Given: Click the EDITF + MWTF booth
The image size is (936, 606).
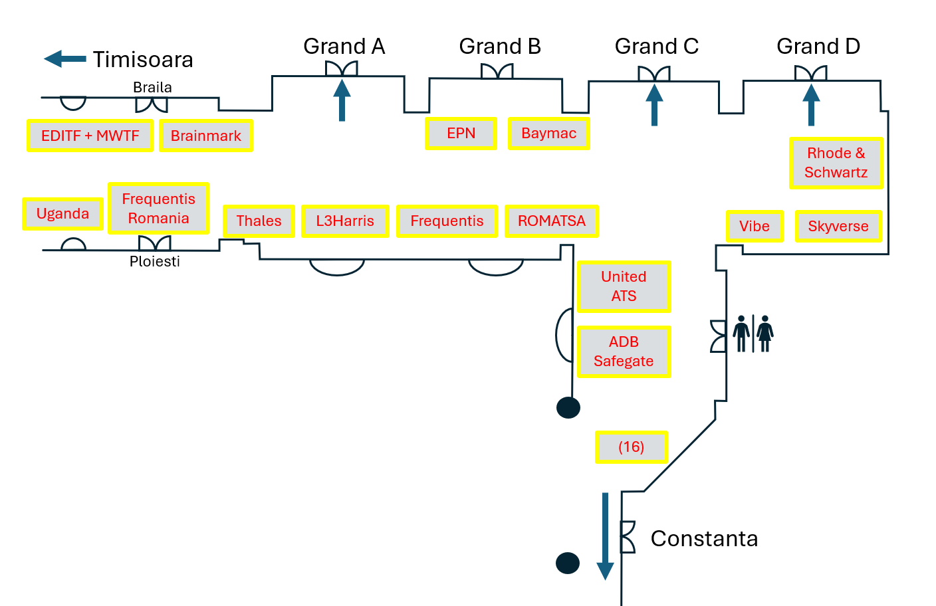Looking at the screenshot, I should [x=90, y=136].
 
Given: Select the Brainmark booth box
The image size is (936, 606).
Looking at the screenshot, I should [x=206, y=136].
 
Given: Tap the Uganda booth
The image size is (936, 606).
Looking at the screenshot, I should [x=62, y=214].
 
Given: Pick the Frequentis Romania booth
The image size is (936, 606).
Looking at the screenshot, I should [x=158, y=209].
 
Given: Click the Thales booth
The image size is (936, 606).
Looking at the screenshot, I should [x=259, y=221].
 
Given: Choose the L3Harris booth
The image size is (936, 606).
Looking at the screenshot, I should [x=345, y=221].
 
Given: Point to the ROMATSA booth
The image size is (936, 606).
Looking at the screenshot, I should [x=552, y=221].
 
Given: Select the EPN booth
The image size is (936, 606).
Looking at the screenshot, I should [x=461, y=134].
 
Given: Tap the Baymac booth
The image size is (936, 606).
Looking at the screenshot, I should [x=548, y=134].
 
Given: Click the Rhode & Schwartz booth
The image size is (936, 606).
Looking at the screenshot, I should [x=836, y=163].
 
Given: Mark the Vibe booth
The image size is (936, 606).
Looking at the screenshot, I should [x=755, y=227].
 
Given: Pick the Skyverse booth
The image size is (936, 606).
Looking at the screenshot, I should [x=838, y=227].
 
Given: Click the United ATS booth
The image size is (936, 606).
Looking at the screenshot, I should [x=624, y=286].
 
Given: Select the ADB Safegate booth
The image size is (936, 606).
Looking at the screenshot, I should [x=624, y=352].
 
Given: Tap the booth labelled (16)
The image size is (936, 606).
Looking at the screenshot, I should [x=631, y=447].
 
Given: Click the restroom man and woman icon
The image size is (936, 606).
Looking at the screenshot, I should [x=753, y=334].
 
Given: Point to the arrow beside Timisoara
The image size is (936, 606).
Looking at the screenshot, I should [x=64, y=59].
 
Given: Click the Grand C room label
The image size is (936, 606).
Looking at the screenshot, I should [x=656, y=47].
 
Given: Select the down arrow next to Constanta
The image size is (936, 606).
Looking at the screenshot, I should [x=605, y=536].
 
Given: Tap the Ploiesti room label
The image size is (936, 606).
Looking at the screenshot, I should [x=155, y=262].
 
